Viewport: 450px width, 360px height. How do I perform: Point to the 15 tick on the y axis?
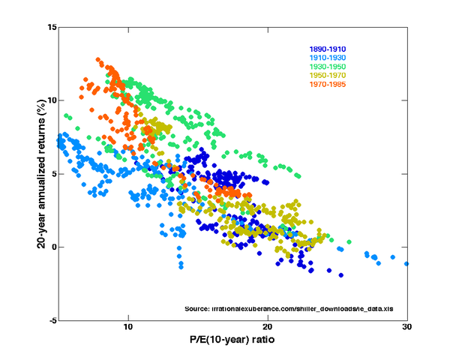point(52,27)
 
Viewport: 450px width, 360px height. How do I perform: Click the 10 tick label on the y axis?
point(52,100)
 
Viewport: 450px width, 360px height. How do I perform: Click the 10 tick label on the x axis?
point(128,328)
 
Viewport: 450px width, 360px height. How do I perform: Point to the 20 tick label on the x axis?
point(268,328)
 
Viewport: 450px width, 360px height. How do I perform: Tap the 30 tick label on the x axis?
point(406,328)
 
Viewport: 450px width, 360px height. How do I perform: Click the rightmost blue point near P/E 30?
point(406,263)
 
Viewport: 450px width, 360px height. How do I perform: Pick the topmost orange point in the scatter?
point(98,60)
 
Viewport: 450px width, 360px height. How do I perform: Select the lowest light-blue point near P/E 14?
point(181,266)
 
